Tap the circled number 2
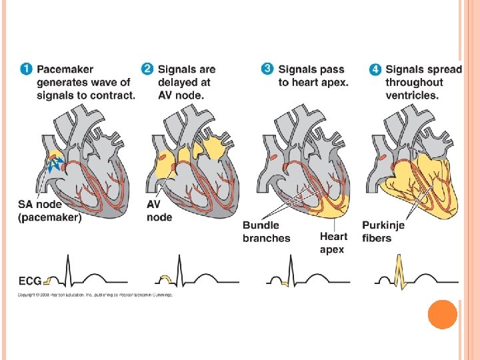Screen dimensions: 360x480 (147, 69)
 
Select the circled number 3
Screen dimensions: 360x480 (267, 69)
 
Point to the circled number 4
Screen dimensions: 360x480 (375, 69)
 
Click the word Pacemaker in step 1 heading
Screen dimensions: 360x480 (65, 69)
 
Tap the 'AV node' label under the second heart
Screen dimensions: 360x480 (159, 211)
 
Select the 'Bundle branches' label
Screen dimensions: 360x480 (266, 231)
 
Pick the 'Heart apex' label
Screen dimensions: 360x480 (333, 243)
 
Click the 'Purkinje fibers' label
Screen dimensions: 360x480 (383, 231)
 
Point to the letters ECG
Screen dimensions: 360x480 (30, 281)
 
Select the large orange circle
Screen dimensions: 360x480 (442, 314)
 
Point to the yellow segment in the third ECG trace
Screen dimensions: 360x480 (284, 283)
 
